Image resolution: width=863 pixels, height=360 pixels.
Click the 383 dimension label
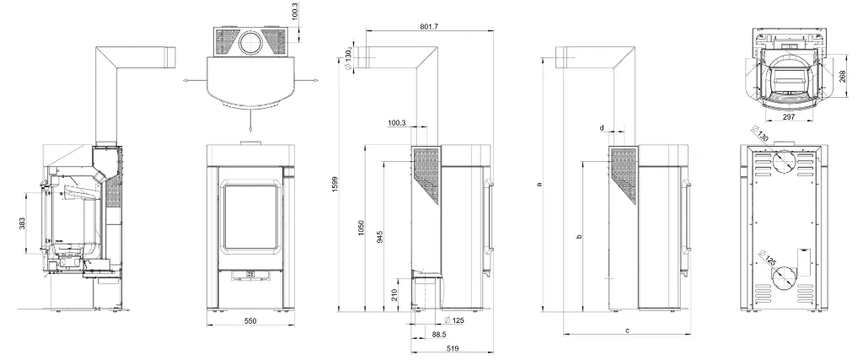[22, 223]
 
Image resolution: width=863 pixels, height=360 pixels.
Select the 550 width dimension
[250, 320]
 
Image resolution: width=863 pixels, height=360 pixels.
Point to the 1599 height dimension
[335, 184]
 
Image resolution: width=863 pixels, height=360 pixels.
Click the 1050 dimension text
[361, 228]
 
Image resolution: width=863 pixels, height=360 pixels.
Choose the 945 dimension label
[380, 237]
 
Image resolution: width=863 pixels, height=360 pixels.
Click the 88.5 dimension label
[439, 334]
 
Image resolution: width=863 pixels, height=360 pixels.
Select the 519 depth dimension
[453, 348]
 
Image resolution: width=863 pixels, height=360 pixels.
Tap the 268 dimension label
[843, 76]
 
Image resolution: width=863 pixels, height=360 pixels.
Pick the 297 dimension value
[789, 117]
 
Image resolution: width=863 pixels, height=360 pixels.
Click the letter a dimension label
[540, 184]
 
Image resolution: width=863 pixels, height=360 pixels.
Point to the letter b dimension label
[578, 237]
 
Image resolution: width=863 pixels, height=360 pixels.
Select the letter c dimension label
[627, 330]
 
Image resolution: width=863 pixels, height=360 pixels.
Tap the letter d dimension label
[602, 127]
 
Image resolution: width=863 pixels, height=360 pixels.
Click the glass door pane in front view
[250, 218]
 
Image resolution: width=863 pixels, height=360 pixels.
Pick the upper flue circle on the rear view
[782, 161]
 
